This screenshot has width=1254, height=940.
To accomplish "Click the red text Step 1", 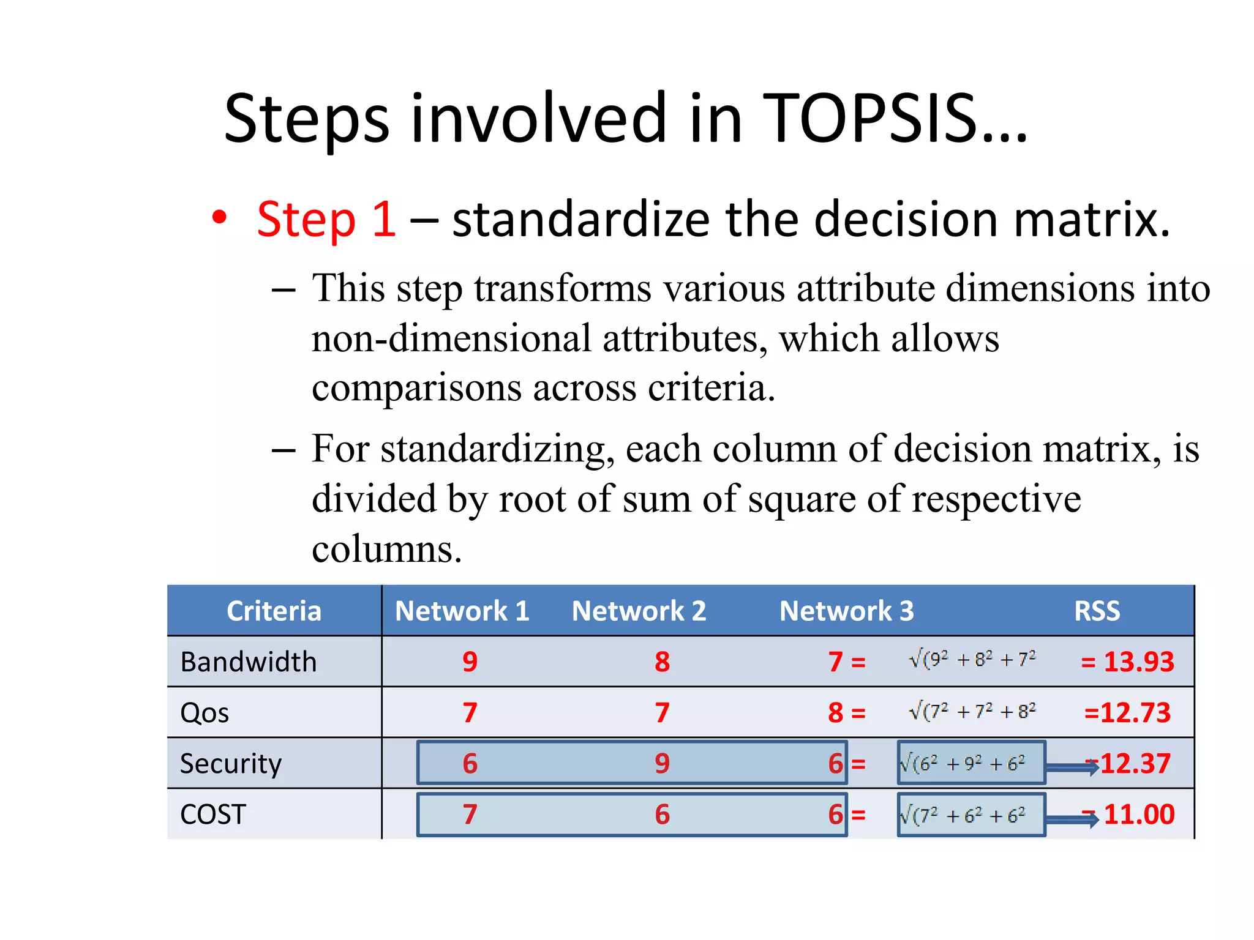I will pyautogui.click(x=326, y=219).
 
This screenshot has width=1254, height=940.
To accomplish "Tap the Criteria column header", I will pyautogui.click(x=274, y=611).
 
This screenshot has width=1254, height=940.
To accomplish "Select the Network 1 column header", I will pyautogui.click(x=462, y=611).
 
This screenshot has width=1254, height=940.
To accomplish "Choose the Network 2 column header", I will pyautogui.click(x=639, y=611).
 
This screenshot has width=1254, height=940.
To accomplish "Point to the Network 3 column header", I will pyautogui.click(x=846, y=611).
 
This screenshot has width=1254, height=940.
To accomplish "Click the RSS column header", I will pyautogui.click(x=1097, y=611).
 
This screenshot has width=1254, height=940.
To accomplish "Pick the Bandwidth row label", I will pyautogui.click(x=249, y=662).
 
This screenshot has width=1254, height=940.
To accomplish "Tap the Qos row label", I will pyautogui.click(x=205, y=713).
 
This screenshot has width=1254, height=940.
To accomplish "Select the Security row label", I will pyautogui.click(x=231, y=764).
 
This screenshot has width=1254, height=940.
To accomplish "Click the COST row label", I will pyautogui.click(x=213, y=815).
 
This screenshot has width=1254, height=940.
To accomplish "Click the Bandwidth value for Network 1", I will pyautogui.click(x=470, y=662).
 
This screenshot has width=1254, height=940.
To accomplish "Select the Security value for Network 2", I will pyautogui.click(x=662, y=763).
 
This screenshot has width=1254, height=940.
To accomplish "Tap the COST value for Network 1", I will pyautogui.click(x=470, y=815).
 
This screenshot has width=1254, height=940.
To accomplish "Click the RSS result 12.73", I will pyautogui.click(x=1128, y=712).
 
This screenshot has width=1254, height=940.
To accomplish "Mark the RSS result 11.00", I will pyautogui.click(x=1138, y=815).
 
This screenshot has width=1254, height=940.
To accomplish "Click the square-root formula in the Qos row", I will pyautogui.click(x=972, y=711).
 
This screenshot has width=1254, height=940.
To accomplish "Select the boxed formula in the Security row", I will pyautogui.click(x=971, y=763).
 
